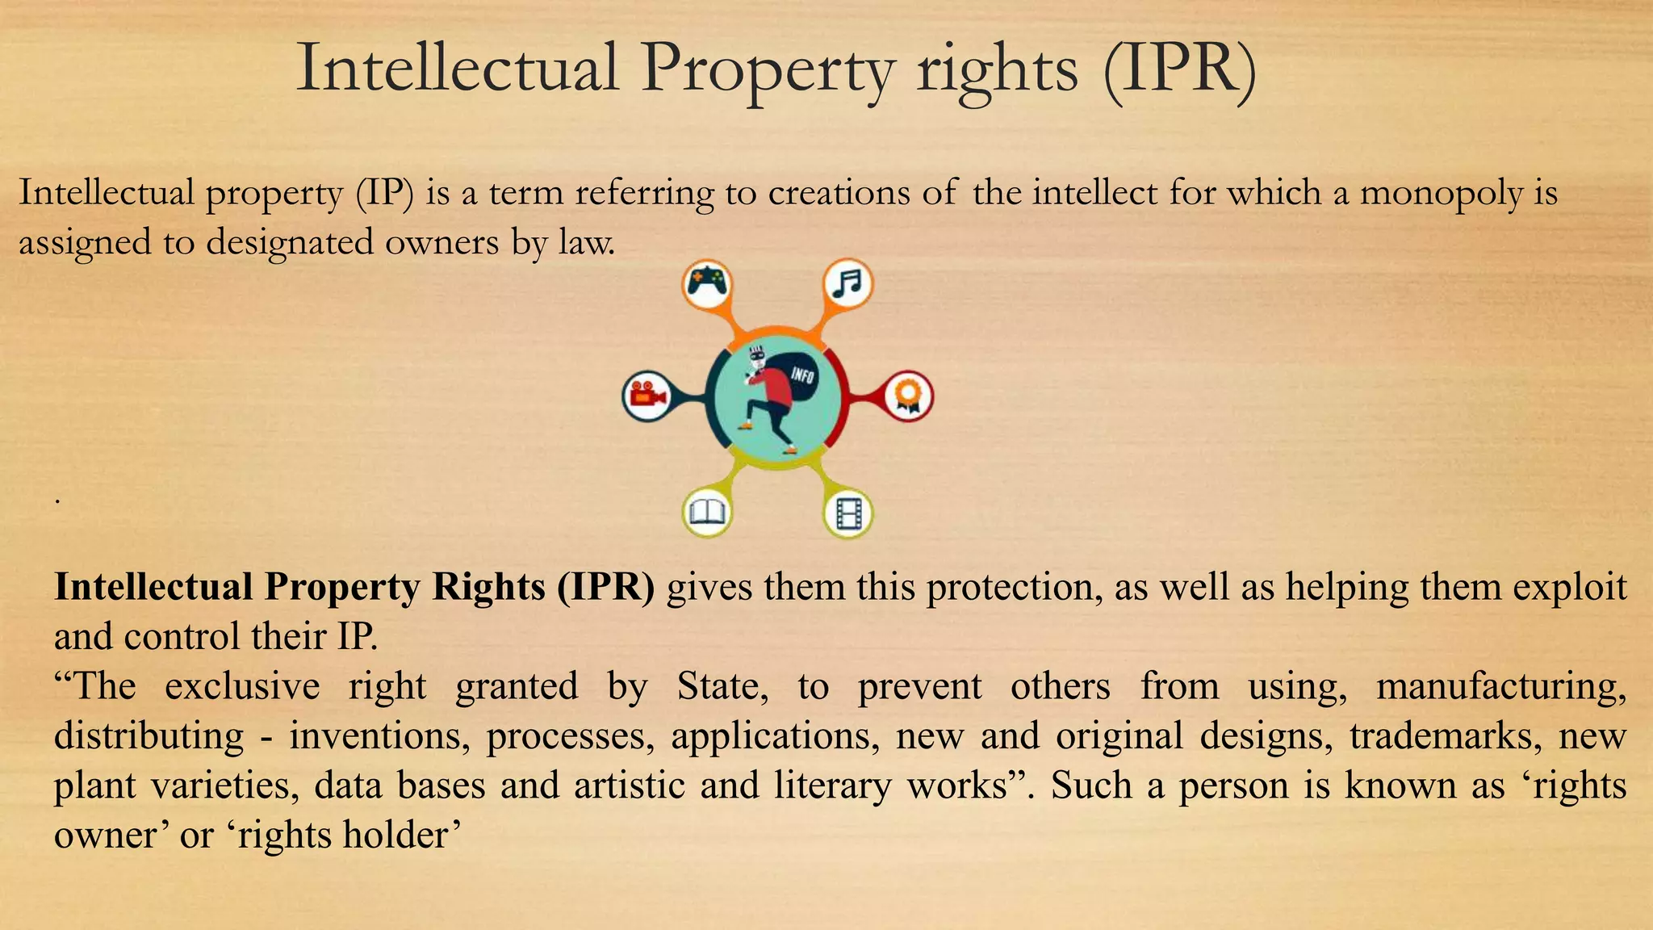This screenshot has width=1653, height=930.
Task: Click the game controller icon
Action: click(707, 283)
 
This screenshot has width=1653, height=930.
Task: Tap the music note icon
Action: click(847, 283)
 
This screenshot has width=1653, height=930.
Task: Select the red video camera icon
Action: click(647, 396)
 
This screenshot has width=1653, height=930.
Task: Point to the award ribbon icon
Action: click(908, 396)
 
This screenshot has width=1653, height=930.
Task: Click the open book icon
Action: click(707, 512)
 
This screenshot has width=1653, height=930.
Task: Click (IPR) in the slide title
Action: click(1179, 69)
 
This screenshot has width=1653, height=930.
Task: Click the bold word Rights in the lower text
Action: click(488, 587)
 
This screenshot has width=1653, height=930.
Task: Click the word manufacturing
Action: click(1500, 687)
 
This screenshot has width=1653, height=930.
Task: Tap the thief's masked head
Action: click(756, 358)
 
